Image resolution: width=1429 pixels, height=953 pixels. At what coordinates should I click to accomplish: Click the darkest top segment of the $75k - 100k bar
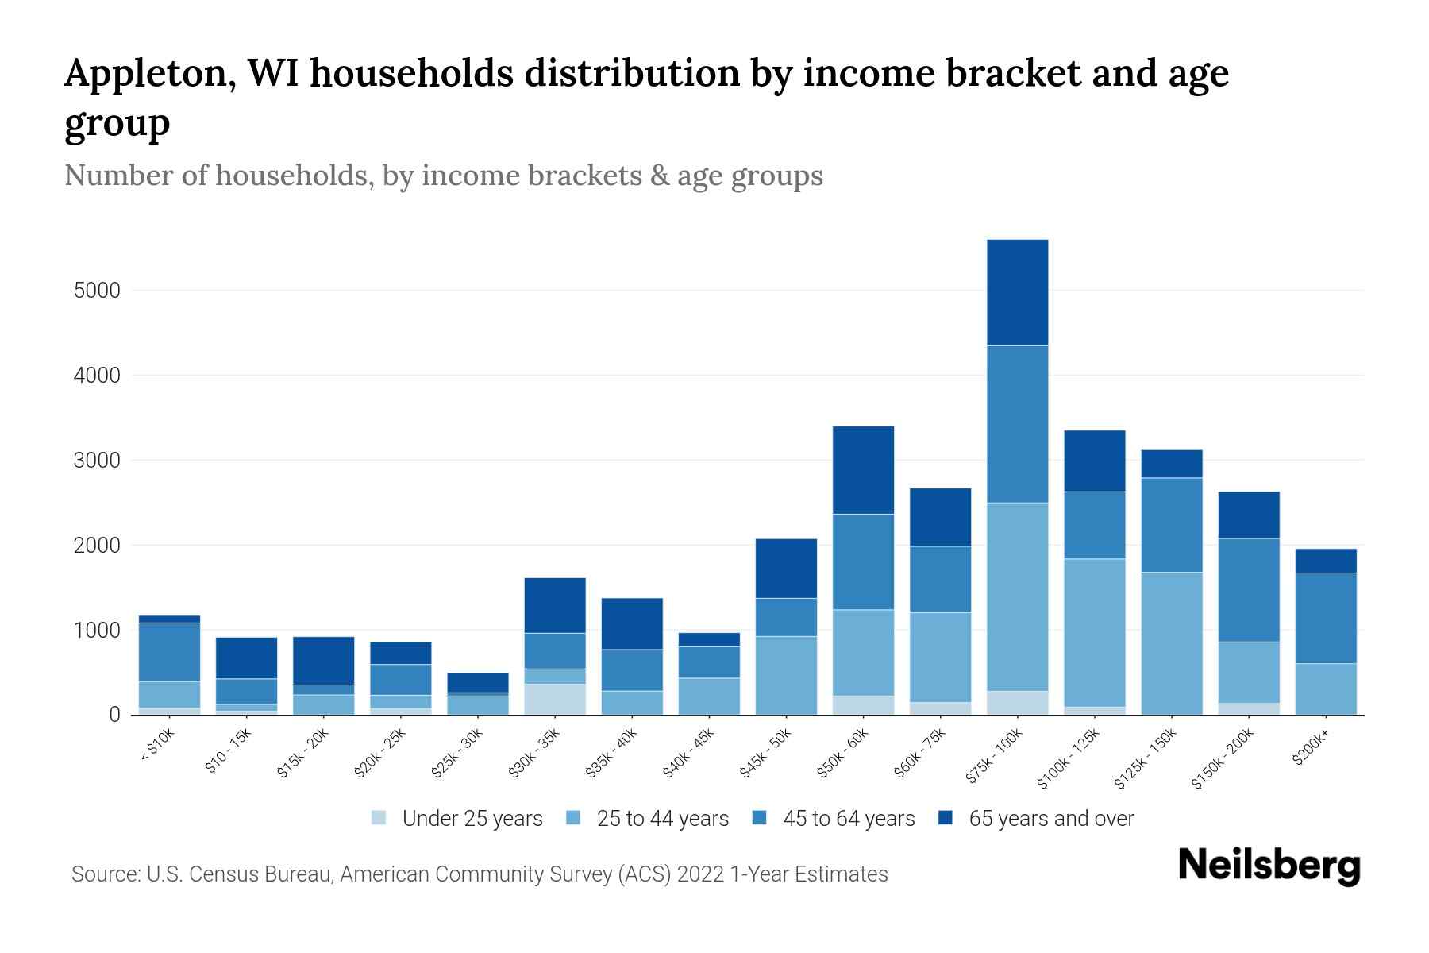pos(1017,292)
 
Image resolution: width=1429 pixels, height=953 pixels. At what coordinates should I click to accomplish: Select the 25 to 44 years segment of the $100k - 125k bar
pos(1094,632)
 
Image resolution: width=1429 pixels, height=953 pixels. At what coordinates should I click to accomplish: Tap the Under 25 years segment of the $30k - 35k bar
pos(555,699)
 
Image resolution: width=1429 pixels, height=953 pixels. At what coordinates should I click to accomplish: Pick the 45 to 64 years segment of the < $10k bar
pos(169,652)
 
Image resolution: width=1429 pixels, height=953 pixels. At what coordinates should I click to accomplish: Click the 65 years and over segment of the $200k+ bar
pos(1325,561)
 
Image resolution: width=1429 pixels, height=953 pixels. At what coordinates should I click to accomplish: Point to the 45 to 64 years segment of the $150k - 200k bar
pos(1248,590)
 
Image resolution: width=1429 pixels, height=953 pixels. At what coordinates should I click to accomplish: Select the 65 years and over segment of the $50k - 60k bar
pos(863,470)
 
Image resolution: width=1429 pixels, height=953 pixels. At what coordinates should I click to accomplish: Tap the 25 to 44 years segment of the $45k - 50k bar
pos(786,675)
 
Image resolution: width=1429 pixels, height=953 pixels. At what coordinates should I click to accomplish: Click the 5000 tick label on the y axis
pos(97,291)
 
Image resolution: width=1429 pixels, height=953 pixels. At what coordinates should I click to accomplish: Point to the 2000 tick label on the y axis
pos(97,546)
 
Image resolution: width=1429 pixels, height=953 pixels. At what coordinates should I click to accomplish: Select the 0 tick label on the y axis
pos(114,715)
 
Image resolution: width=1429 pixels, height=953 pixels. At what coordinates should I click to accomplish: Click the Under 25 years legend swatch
pos(379,817)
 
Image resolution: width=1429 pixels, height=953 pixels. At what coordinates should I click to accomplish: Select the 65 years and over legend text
pos(1051,818)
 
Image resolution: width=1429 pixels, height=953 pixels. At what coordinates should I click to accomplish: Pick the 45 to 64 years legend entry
pos(834,818)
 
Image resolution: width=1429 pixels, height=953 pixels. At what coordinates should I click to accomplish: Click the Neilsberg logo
pos(1269,866)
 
